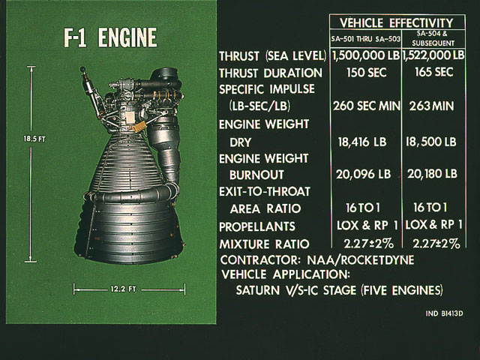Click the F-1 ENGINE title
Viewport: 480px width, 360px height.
(x=110, y=37)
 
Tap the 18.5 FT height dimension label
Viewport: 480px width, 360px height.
(x=34, y=139)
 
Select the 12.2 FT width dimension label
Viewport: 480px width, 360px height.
(x=123, y=289)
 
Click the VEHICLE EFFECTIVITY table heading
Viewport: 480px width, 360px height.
(x=397, y=23)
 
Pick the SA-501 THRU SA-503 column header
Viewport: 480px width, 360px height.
(x=365, y=39)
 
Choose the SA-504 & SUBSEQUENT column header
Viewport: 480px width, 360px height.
(x=433, y=38)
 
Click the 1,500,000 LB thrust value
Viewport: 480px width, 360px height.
(x=366, y=55)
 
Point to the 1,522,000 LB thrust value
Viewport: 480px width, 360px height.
(x=433, y=55)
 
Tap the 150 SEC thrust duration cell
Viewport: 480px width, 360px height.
(x=367, y=73)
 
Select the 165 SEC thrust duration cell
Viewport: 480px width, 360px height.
(x=433, y=72)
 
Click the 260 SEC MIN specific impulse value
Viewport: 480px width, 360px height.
(x=367, y=106)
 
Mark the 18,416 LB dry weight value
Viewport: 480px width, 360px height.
(x=362, y=142)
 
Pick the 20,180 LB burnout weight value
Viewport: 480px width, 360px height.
(x=432, y=174)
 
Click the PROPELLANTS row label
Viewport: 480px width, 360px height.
(x=257, y=226)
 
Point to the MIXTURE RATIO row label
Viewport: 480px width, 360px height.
(x=264, y=244)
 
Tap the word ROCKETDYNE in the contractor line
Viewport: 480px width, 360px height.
(x=377, y=260)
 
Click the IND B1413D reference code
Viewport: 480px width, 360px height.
(x=444, y=313)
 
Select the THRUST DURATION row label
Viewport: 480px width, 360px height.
(x=271, y=73)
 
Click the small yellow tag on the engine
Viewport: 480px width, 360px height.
(x=139, y=126)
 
